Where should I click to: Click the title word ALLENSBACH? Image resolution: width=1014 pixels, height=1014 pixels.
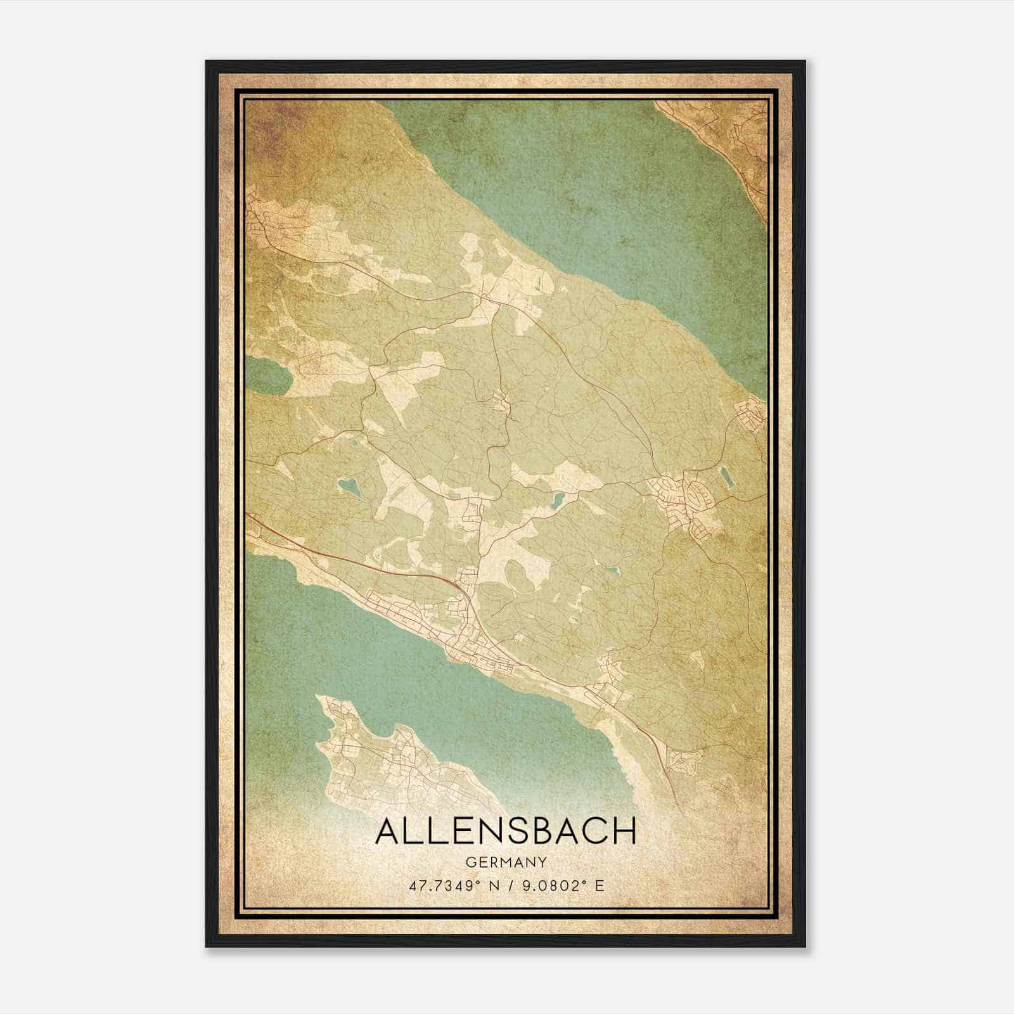[x=506, y=831]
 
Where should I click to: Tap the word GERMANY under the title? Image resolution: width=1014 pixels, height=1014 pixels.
[x=506, y=862]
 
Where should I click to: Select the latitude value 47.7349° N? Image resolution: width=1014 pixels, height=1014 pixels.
[x=450, y=885]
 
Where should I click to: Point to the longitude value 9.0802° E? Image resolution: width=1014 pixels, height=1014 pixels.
[x=561, y=885]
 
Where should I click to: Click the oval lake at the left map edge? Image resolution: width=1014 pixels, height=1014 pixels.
[x=269, y=375]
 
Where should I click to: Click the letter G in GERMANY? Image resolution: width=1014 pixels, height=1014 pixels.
[x=470, y=862]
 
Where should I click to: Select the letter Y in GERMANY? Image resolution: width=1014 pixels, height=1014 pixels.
[x=542, y=862]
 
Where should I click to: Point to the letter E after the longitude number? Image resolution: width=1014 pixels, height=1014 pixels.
[x=600, y=885]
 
